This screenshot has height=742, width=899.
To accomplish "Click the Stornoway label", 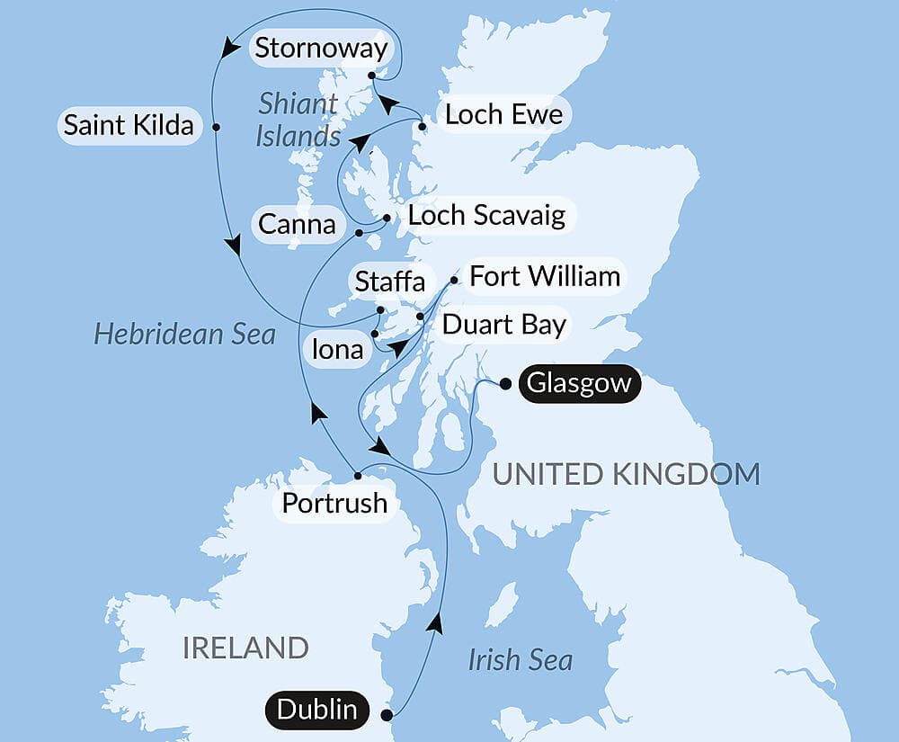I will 320,49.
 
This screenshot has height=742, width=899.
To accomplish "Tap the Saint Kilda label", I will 129,125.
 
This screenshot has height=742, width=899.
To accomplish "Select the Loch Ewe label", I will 503,114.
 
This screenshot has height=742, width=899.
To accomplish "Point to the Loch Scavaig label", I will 486,215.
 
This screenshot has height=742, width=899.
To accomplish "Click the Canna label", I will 297,223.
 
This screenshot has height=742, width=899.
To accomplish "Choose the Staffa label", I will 389,282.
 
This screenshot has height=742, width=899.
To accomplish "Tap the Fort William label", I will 545,275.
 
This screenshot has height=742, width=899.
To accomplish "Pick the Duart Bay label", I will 503,324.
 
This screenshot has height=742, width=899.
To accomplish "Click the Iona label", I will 338,348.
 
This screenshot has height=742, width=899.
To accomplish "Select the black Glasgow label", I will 579,384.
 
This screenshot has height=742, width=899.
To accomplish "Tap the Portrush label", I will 334,503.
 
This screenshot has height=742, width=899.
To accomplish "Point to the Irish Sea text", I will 520,660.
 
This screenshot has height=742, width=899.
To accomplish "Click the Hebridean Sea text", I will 184,335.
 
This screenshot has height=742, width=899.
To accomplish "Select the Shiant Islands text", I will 298,120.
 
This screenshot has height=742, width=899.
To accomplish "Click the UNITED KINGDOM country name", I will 627,473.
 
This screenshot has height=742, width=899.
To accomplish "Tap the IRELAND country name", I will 245,647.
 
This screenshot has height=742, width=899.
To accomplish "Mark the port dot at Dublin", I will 387,716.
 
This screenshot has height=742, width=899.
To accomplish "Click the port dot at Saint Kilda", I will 217,126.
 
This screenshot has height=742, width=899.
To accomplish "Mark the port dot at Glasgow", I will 505,384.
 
